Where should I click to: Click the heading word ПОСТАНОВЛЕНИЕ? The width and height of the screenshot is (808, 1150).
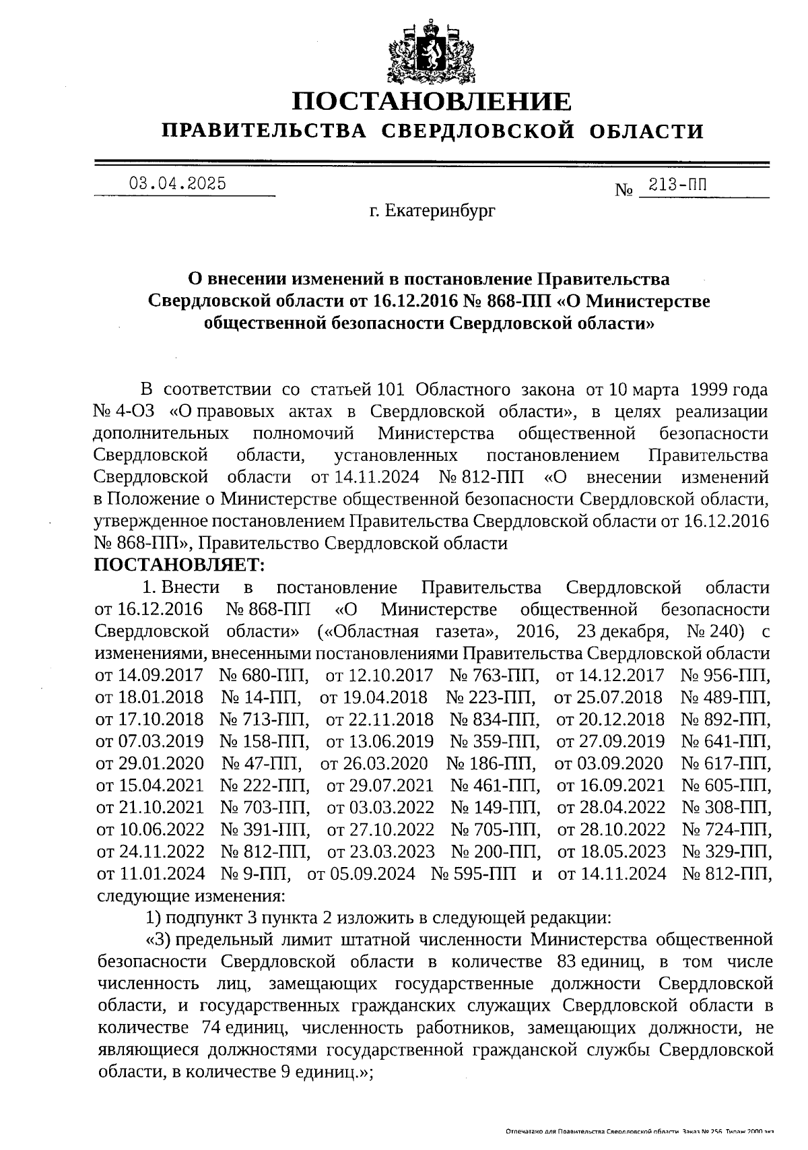point(432,101)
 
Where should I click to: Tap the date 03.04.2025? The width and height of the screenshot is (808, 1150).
point(177,184)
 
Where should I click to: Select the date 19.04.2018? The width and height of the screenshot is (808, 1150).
point(384,697)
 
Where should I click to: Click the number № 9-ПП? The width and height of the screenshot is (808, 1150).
point(256,874)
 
